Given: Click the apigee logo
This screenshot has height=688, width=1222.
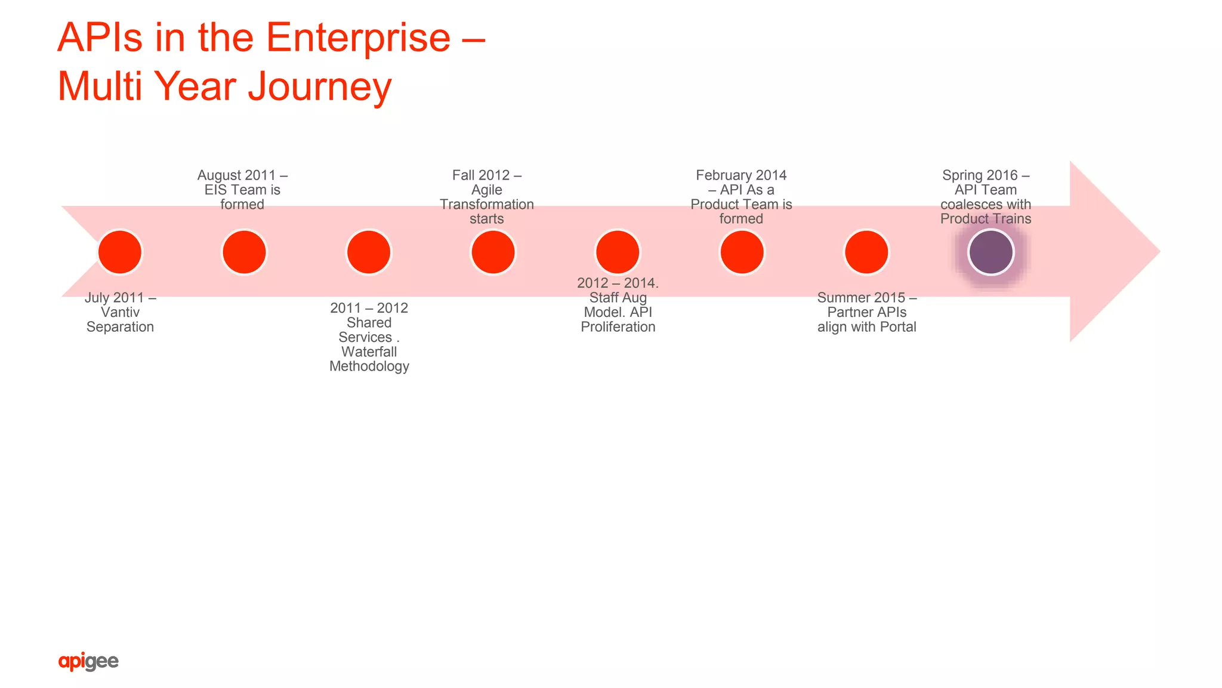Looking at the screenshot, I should click(x=88, y=661).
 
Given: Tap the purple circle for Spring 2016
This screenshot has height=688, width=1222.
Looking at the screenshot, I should click(x=990, y=252).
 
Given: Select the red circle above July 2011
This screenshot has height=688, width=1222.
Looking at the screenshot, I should click(x=120, y=252).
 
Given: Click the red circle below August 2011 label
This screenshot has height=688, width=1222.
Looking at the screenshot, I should click(x=244, y=252).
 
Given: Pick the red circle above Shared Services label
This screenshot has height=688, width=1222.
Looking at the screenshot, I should click(x=369, y=252).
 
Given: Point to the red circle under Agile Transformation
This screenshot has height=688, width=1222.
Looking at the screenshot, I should click(x=493, y=252).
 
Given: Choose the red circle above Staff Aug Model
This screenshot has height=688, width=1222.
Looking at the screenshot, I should click(x=618, y=252).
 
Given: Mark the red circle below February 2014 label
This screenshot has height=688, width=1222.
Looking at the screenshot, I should click(x=742, y=252).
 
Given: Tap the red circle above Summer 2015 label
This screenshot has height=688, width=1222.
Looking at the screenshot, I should click(x=866, y=252).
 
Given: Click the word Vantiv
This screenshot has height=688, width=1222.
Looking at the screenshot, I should click(x=120, y=312).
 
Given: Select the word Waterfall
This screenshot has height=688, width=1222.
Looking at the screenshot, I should click(x=369, y=351).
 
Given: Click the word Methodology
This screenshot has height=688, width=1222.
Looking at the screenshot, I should click(x=369, y=366).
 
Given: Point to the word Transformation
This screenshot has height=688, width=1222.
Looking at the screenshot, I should click(x=487, y=204).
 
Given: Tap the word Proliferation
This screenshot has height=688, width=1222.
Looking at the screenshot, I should click(x=618, y=327).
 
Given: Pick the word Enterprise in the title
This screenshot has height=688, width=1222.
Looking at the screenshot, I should click(x=358, y=38).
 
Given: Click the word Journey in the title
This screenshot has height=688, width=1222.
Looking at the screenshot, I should click(x=320, y=87).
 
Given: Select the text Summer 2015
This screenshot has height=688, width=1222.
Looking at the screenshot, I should click(x=861, y=297).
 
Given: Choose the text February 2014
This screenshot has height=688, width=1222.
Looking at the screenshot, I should click(x=741, y=175).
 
